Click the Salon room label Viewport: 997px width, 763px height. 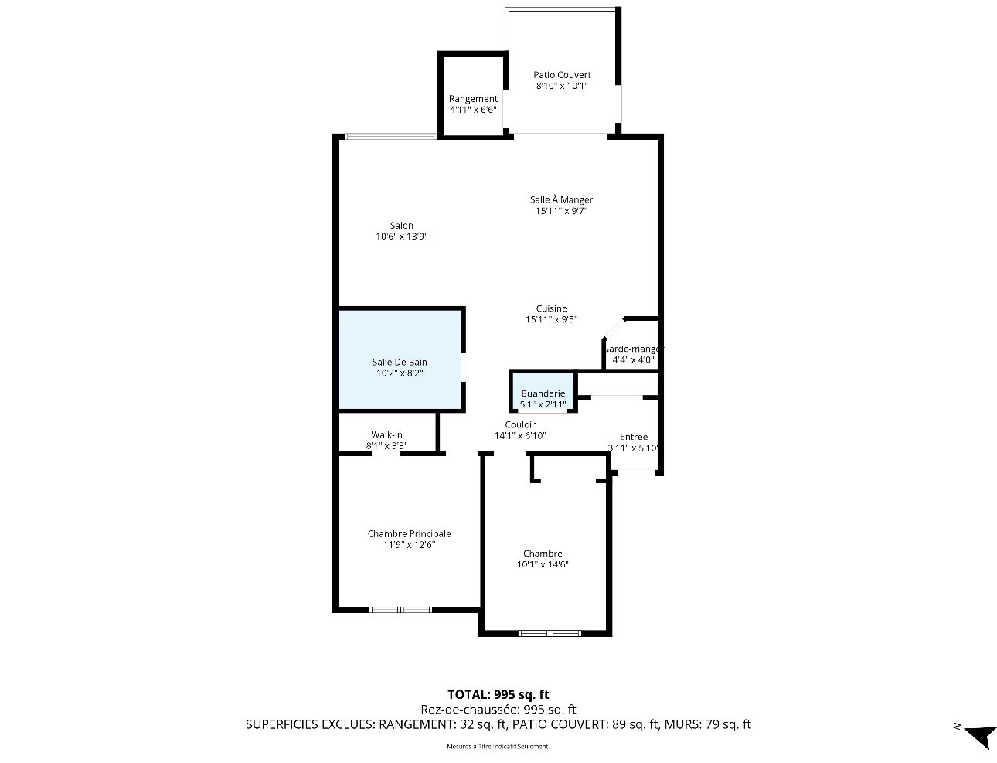coord(401,225)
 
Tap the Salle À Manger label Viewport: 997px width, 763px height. coord(561,199)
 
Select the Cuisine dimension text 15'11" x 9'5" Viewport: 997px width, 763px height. coord(551,319)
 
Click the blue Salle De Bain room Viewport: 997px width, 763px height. coord(400,360)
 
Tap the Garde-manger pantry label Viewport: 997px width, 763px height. coord(633,349)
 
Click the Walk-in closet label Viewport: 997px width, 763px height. coord(386,434)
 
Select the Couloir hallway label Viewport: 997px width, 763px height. coord(520,424)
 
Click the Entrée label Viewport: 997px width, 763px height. coord(633,437)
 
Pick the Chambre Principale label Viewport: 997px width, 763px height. coord(409,533)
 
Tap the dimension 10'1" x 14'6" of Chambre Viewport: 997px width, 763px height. coord(543,564)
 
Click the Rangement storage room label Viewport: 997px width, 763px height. coord(473,98)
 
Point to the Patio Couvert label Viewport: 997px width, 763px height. coord(562,74)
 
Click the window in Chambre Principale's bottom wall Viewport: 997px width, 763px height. coord(400,609)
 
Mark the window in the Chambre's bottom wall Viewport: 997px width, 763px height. coord(550,633)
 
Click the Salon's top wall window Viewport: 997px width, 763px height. coord(390,136)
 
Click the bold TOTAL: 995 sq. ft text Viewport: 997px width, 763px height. coord(498,694)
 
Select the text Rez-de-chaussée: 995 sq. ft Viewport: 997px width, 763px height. coord(498,710)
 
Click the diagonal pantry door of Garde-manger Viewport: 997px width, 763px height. coord(614,329)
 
